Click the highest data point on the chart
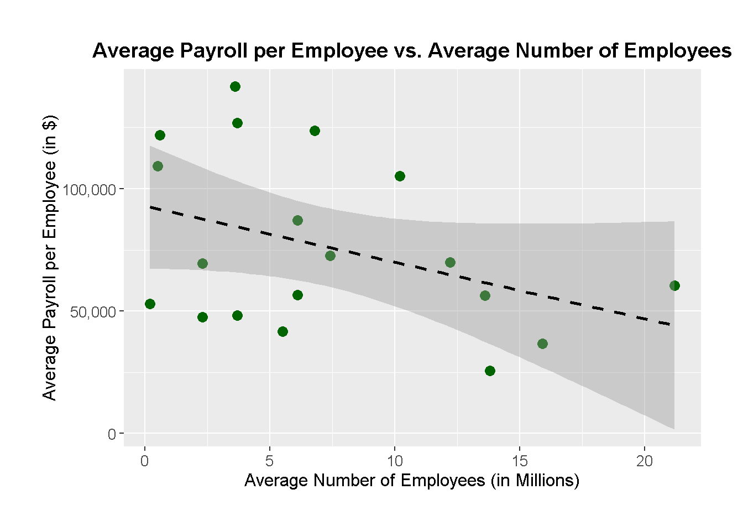click(235, 86)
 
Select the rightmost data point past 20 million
click(674, 285)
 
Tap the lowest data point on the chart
click(490, 371)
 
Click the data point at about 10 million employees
click(400, 176)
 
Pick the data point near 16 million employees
click(542, 343)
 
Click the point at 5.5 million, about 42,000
click(282, 331)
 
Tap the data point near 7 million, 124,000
click(315, 131)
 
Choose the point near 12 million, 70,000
click(450, 262)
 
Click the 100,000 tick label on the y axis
click(90, 190)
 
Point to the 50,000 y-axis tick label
click(93, 312)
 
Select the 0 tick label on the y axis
click(112, 434)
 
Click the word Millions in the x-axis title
click(545, 480)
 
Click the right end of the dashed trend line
click(670, 324)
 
